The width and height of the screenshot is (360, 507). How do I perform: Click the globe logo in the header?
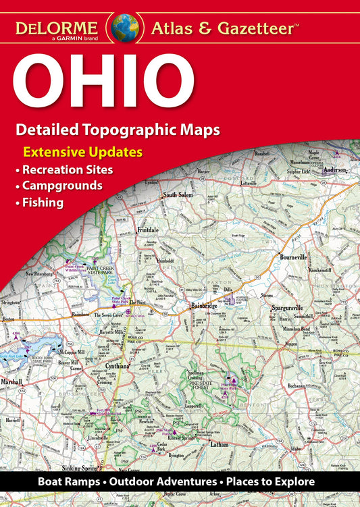click(x=126, y=28)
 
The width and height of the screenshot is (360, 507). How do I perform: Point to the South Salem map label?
click(x=178, y=196)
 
